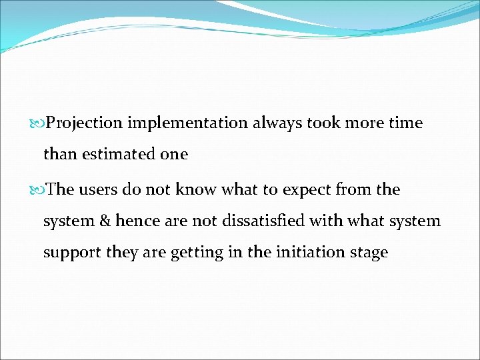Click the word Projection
(85, 123)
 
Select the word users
(101, 190)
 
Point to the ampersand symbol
(104, 221)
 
